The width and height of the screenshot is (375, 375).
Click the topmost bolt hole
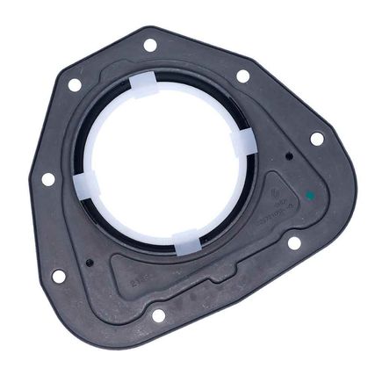pos(150,44)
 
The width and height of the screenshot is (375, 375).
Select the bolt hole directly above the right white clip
pos(242,76)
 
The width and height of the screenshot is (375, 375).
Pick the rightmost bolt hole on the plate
pos(316,139)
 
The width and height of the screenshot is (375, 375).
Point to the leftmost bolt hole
pos(48,179)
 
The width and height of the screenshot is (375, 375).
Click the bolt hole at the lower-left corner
pos(59,276)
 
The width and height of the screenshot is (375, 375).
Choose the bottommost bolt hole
pos(159,314)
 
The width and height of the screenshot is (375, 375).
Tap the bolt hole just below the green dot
pos(294,242)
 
